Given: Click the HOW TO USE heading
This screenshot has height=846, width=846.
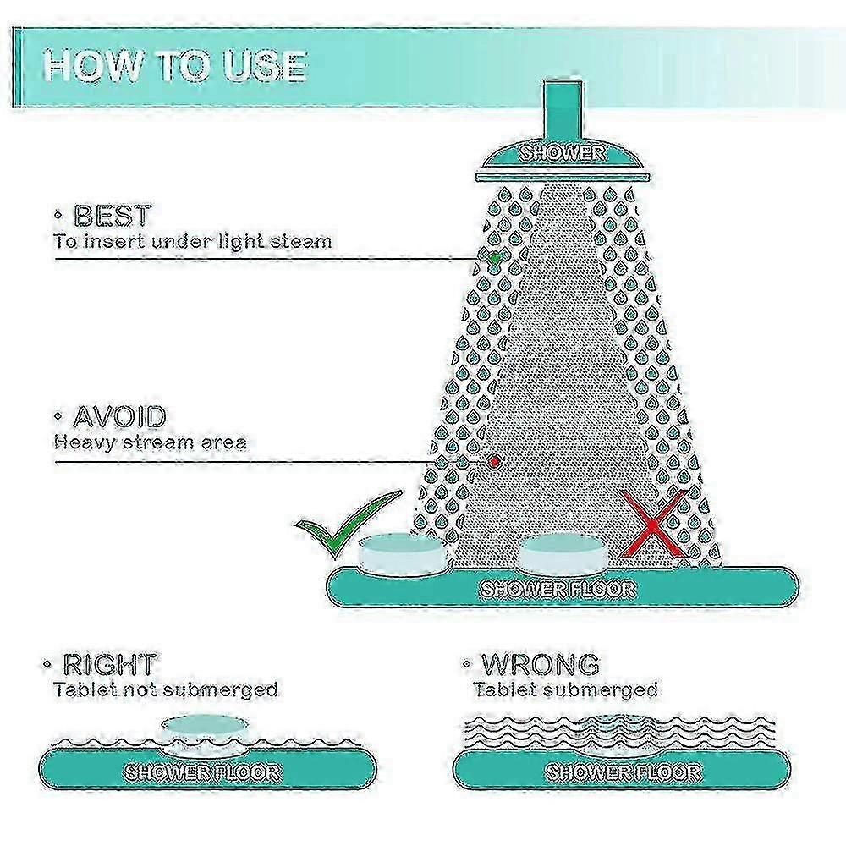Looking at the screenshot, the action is point(176,66).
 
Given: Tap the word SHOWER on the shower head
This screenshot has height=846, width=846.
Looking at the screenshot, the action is point(563,153).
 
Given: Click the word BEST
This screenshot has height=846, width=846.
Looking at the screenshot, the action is point(113,216).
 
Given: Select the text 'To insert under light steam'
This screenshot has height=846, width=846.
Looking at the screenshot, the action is point(193,240).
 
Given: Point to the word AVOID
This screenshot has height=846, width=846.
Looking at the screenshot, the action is point(118,416).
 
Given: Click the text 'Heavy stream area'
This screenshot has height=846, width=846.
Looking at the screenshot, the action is point(151,442).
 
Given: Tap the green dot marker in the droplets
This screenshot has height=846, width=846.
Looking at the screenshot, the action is point(494,258).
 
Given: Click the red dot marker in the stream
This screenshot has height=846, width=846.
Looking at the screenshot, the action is point(494,461).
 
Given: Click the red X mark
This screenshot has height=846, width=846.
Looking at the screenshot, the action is point(653,523).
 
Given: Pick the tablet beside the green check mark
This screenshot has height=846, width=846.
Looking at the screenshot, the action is point(403,552).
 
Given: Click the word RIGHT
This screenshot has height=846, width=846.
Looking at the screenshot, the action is point(109,664).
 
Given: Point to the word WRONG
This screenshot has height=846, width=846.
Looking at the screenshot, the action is point(540,664).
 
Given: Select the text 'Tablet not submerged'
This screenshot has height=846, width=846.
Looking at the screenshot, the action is point(166,689).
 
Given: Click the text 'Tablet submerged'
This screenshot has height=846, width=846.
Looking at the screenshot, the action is point(565,689).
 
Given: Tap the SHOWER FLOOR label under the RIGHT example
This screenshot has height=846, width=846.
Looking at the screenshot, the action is point(203,773).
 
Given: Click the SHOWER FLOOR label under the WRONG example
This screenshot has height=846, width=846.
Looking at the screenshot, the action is point(624,773).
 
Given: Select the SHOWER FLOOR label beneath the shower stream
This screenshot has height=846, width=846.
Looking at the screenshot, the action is point(558,589).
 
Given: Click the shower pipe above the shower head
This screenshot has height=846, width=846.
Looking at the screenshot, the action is point(563,110).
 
